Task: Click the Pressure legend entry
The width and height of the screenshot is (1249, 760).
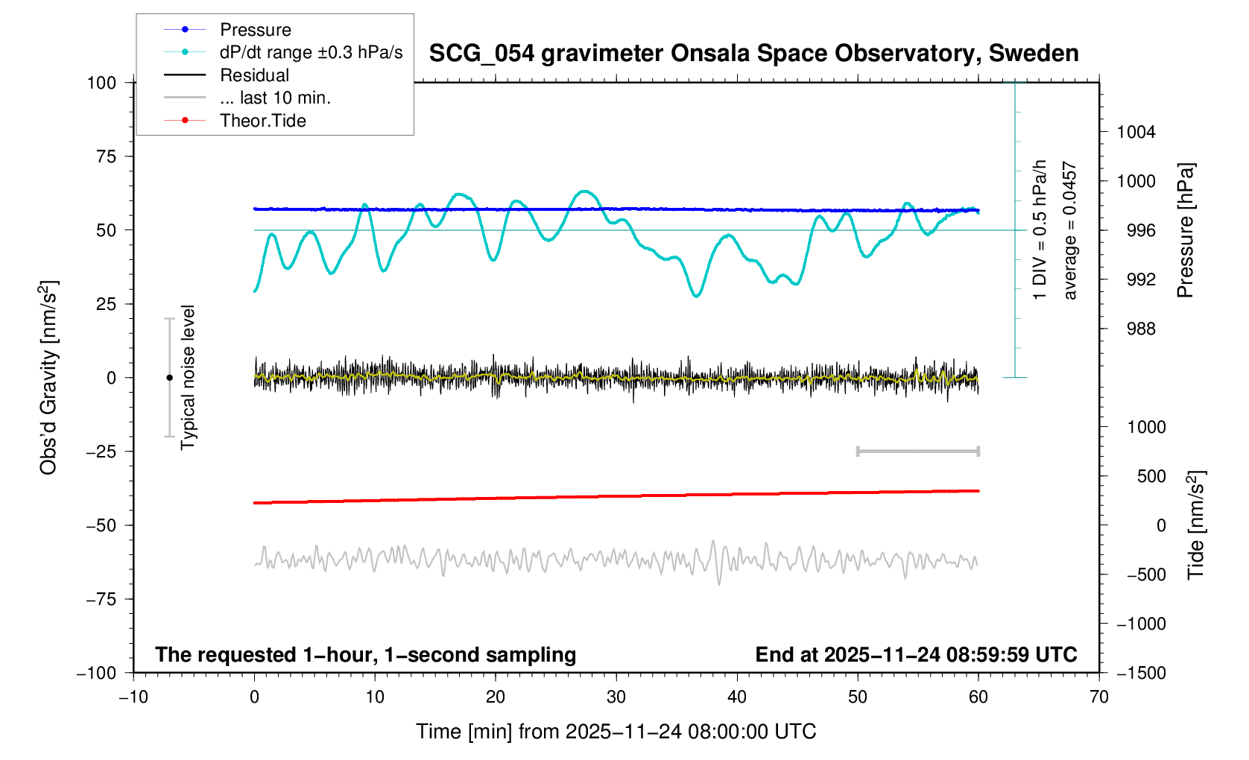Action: tap(255, 30)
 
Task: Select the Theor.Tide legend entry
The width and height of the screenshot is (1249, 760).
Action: tap(262, 121)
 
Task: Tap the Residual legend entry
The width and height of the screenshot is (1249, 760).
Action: tap(254, 75)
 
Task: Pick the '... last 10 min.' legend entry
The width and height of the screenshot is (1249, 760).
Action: tap(275, 98)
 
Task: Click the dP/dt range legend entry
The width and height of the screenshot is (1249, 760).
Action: tap(311, 52)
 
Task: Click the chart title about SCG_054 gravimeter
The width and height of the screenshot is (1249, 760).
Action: tap(753, 54)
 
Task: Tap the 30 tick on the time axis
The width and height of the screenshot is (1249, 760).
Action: tap(616, 697)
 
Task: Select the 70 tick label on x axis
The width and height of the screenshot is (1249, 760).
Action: tap(1099, 697)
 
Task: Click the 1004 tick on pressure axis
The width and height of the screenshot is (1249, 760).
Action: tap(1136, 132)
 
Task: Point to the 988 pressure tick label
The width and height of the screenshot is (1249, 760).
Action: tap(1140, 329)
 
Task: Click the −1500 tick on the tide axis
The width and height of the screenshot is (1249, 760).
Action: tap(1140, 673)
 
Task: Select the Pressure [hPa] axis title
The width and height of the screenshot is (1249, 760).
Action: tap(1186, 230)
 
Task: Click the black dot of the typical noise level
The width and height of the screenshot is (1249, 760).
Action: tap(169, 378)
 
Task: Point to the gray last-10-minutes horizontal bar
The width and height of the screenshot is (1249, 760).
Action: tap(917, 451)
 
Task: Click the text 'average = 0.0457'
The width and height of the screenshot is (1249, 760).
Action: tap(1070, 230)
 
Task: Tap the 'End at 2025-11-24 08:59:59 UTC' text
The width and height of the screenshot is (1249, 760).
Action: tap(916, 655)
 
